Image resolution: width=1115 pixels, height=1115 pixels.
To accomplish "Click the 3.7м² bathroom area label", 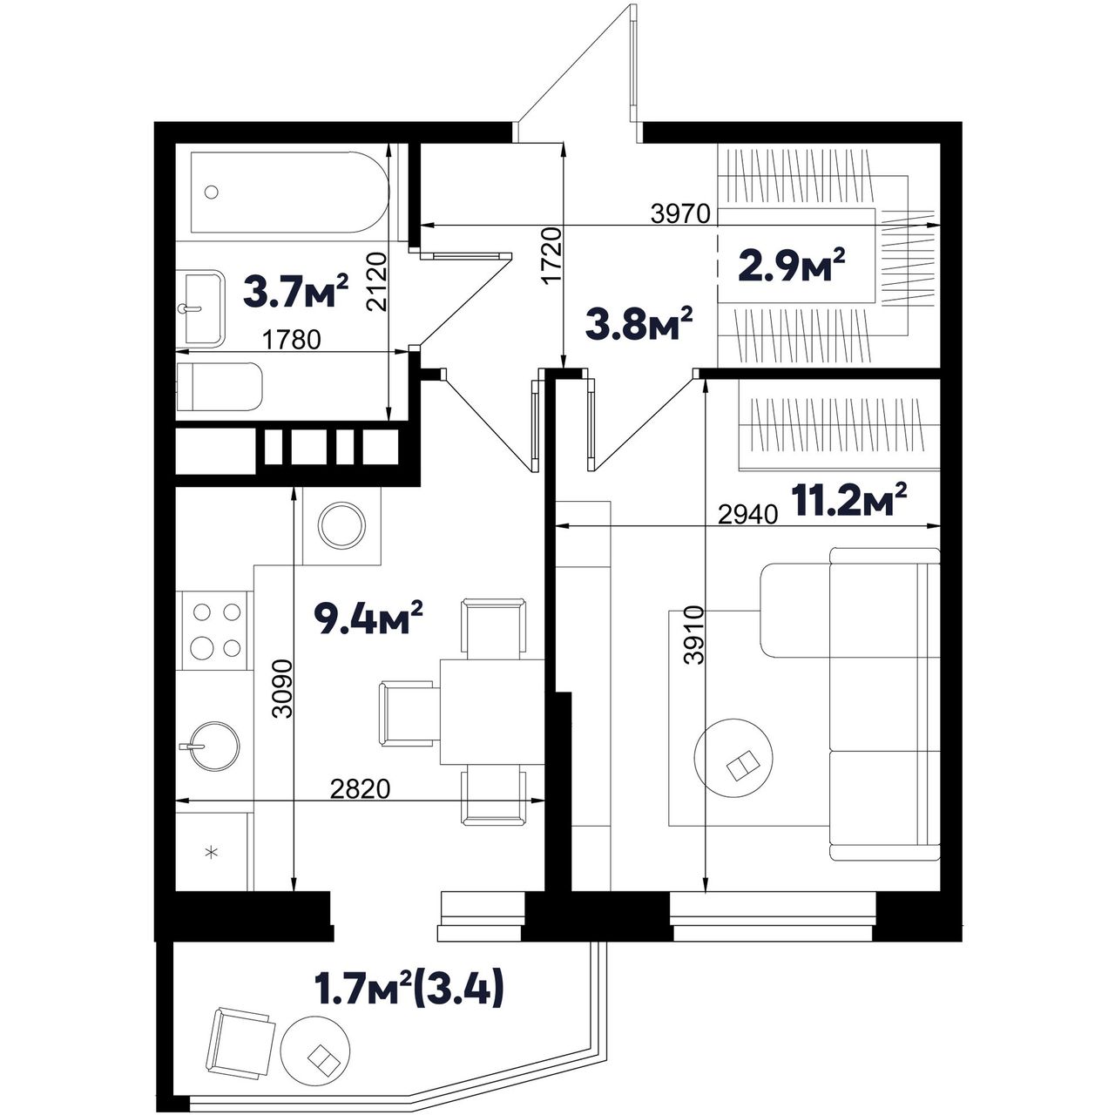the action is click(x=295, y=291).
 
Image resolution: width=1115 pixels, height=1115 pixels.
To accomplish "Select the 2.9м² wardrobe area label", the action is click(x=792, y=266).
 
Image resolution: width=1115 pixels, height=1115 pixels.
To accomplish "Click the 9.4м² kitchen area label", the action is click(x=368, y=618).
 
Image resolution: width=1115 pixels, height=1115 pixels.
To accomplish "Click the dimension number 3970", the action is click(x=680, y=214).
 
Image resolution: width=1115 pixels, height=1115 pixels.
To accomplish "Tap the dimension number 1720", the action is click(x=553, y=255).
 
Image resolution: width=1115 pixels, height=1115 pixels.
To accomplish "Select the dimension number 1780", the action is click(x=292, y=340).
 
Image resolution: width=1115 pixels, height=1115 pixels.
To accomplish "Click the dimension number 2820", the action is click(x=361, y=788).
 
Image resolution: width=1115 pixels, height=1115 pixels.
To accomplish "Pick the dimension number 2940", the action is click(x=747, y=515).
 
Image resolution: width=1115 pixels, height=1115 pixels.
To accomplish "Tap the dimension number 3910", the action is click(x=693, y=635).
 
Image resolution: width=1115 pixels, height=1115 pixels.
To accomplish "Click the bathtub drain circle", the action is click(x=212, y=192).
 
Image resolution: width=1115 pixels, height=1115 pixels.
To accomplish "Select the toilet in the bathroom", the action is click(x=220, y=387).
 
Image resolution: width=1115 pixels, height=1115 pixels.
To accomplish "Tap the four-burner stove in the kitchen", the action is click(x=214, y=630).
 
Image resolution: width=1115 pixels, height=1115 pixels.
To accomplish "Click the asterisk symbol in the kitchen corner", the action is click(x=213, y=852).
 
